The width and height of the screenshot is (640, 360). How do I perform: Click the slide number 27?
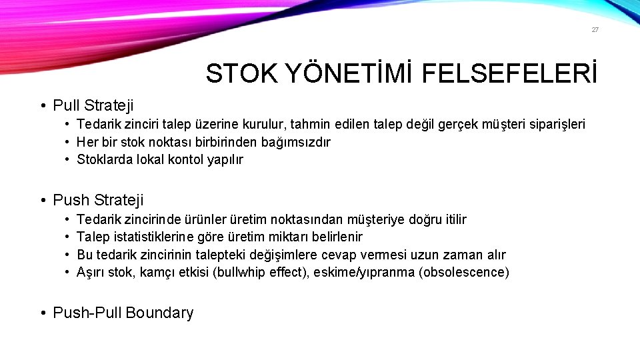tap(595, 30)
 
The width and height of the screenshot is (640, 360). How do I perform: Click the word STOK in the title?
tap(238, 74)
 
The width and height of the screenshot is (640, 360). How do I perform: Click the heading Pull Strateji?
tap(93, 105)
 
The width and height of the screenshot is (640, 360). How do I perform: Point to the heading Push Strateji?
tap(98, 200)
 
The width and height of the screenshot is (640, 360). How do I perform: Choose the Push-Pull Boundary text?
tap(123, 313)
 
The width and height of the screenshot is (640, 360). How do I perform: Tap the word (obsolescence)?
tap(464, 273)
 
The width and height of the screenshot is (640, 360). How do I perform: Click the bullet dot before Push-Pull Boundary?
tap(42, 313)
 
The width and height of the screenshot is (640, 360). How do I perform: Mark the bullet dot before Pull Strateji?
tap(42, 105)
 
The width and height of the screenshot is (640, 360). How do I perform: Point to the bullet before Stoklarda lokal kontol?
tap(68, 160)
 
